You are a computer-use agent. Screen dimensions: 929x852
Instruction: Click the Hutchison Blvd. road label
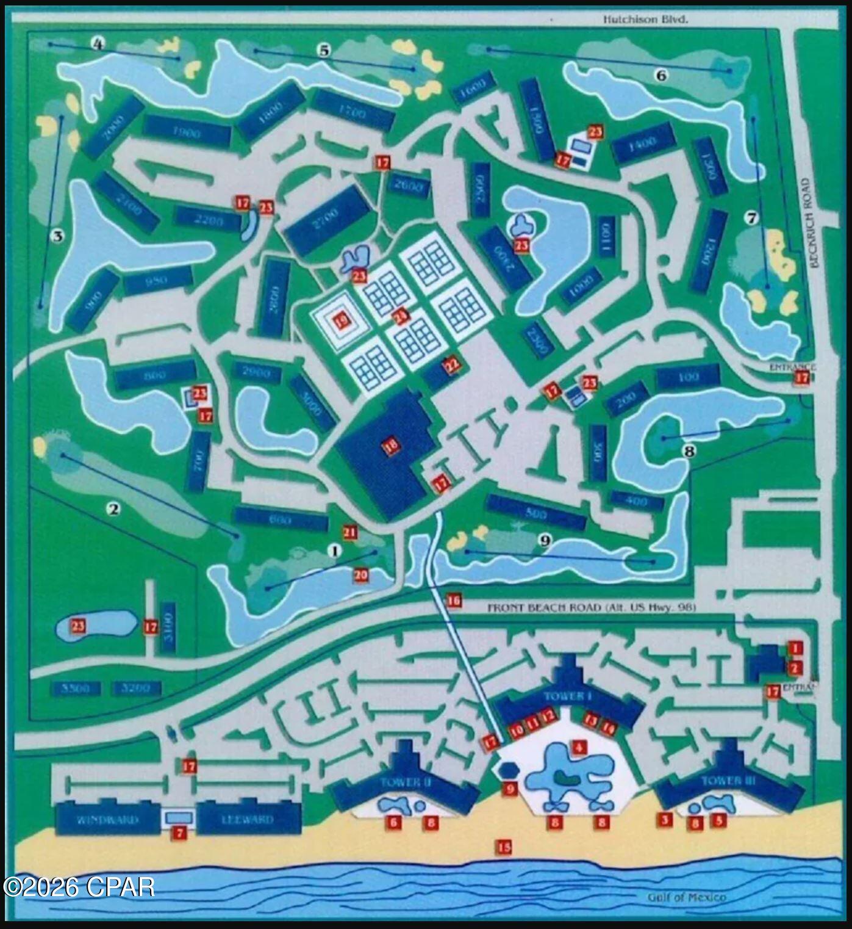click(x=645, y=19)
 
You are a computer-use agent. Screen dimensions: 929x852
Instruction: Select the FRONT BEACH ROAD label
click(x=591, y=608)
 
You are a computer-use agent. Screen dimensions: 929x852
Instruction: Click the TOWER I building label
click(x=568, y=696)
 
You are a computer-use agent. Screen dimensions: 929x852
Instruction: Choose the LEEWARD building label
click(x=248, y=820)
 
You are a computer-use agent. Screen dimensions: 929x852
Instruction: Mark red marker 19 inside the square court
click(x=341, y=319)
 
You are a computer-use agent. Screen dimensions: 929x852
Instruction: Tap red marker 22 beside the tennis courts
click(x=452, y=364)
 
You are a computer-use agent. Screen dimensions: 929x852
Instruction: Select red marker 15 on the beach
click(x=504, y=847)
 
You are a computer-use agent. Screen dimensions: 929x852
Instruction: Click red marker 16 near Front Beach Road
click(x=454, y=601)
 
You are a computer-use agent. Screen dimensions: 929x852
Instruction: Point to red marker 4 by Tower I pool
click(x=579, y=746)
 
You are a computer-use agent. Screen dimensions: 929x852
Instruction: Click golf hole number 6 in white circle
click(x=661, y=75)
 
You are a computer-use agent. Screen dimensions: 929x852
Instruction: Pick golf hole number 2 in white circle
click(x=113, y=508)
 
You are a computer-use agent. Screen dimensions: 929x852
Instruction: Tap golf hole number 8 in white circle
click(x=689, y=452)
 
